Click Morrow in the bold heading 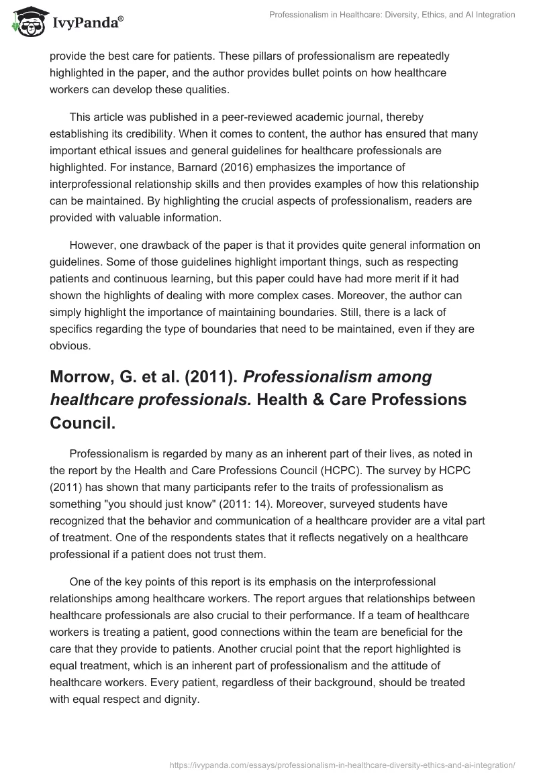(83, 378)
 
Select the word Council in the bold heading (80, 423)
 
